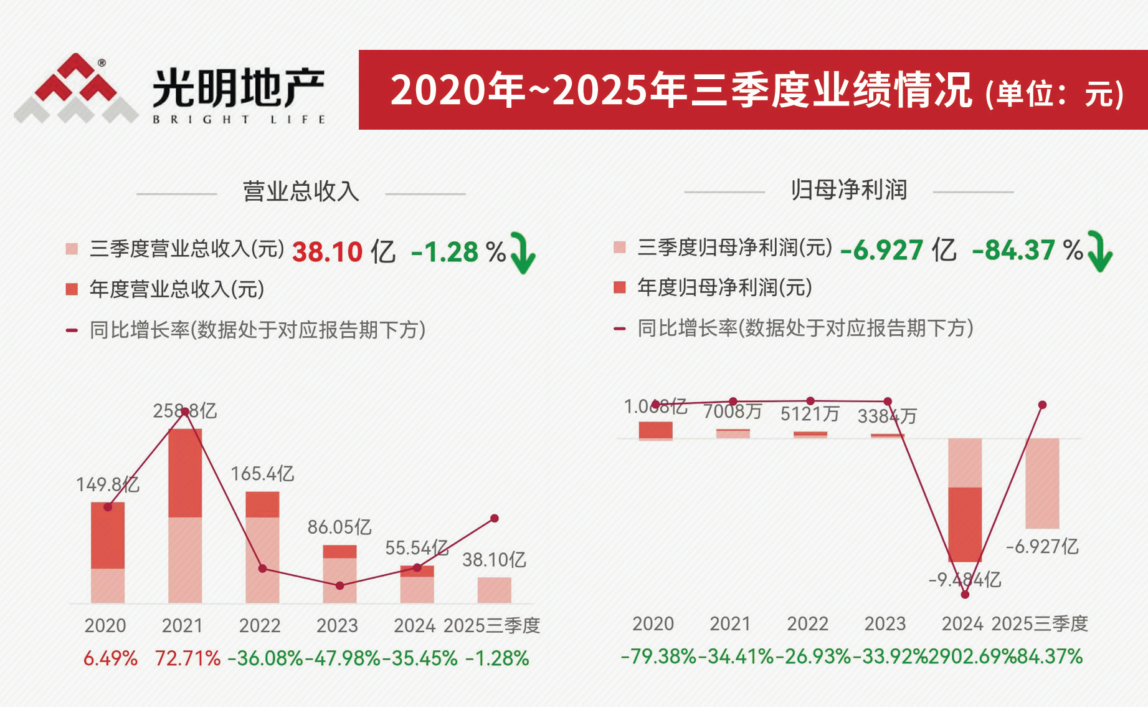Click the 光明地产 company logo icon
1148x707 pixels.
[x=76, y=89]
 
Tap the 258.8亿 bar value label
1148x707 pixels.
[x=185, y=411]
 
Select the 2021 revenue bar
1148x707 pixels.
[x=185, y=516]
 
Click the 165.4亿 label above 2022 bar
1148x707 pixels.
[x=262, y=474]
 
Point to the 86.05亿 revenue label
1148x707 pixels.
[x=339, y=527]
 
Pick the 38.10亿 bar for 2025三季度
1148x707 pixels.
[x=495, y=590]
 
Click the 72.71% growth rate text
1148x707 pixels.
[x=187, y=658]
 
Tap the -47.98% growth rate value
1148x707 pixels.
[x=343, y=658]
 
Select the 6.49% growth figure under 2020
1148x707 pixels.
[x=110, y=658]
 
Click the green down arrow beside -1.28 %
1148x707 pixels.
[x=522, y=252]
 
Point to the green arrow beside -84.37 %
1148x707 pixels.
[x=1099, y=251]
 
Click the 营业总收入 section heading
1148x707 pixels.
[x=301, y=191]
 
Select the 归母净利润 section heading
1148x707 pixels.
[x=848, y=190]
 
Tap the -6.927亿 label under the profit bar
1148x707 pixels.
[x=1042, y=547]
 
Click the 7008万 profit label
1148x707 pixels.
[x=733, y=411]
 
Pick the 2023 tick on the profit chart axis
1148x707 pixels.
[x=885, y=623]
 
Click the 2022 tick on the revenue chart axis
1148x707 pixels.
[x=260, y=625]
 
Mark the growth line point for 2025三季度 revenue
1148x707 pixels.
[x=495, y=518]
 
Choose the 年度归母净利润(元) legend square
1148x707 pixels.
[x=620, y=287]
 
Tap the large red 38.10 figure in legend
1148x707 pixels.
[x=327, y=252]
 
